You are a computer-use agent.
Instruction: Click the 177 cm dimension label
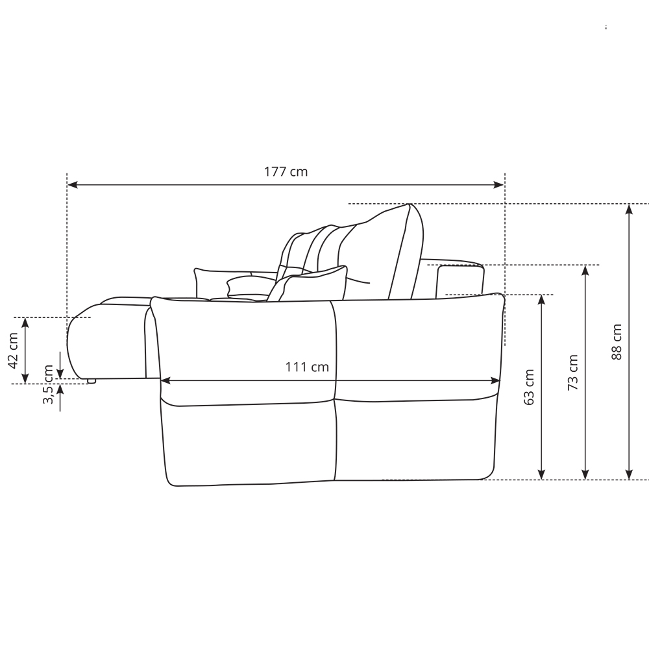286,171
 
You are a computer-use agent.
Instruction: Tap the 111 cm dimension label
307,367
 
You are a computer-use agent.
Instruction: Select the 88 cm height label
617,342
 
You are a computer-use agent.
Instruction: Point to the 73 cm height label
572,373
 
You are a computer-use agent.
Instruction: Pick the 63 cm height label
529,387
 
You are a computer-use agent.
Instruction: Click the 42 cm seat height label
13,350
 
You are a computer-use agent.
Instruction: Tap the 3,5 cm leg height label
48,384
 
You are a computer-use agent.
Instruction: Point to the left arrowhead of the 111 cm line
165,381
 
